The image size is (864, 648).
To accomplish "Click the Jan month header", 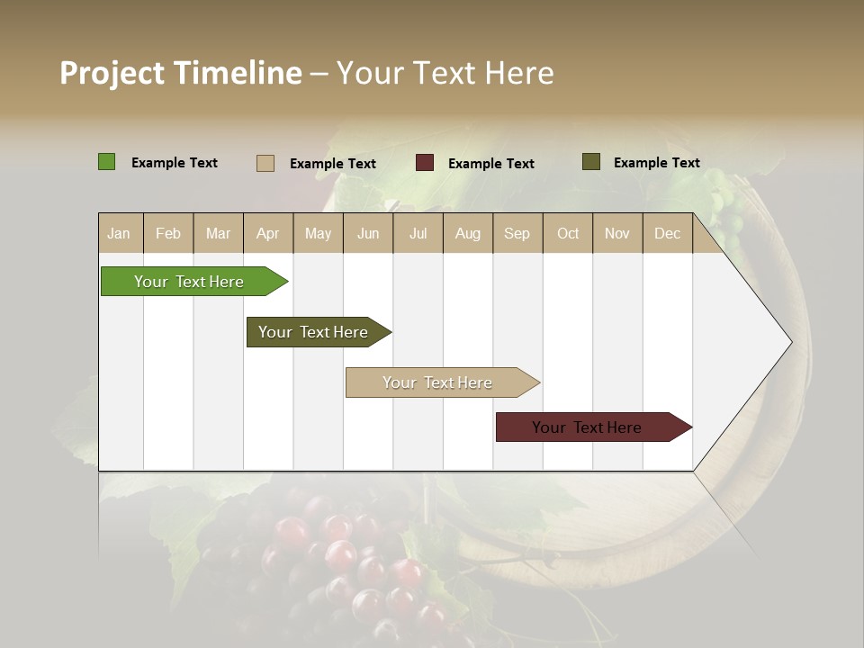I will click(x=119, y=233).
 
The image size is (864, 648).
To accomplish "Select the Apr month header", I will click(x=267, y=233).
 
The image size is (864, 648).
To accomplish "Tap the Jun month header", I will click(x=368, y=233).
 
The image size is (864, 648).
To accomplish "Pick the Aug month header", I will click(x=467, y=233).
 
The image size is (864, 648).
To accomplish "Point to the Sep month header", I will click(x=517, y=233).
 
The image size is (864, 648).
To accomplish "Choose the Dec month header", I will click(x=667, y=233).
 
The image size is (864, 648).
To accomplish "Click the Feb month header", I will click(x=168, y=233).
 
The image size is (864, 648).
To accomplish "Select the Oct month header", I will click(x=568, y=233).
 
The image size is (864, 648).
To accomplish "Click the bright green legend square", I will click(x=106, y=162).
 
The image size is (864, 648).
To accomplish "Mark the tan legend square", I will click(x=265, y=163).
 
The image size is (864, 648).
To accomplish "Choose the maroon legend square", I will click(x=425, y=163).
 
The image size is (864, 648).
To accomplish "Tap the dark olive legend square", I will click(x=591, y=162).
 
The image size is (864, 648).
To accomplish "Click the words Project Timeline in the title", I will click(x=180, y=73).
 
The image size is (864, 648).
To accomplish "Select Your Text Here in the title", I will click(x=445, y=73).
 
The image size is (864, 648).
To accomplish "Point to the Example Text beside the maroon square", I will click(x=490, y=164).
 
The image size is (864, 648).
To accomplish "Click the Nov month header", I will click(x=617, y=233).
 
